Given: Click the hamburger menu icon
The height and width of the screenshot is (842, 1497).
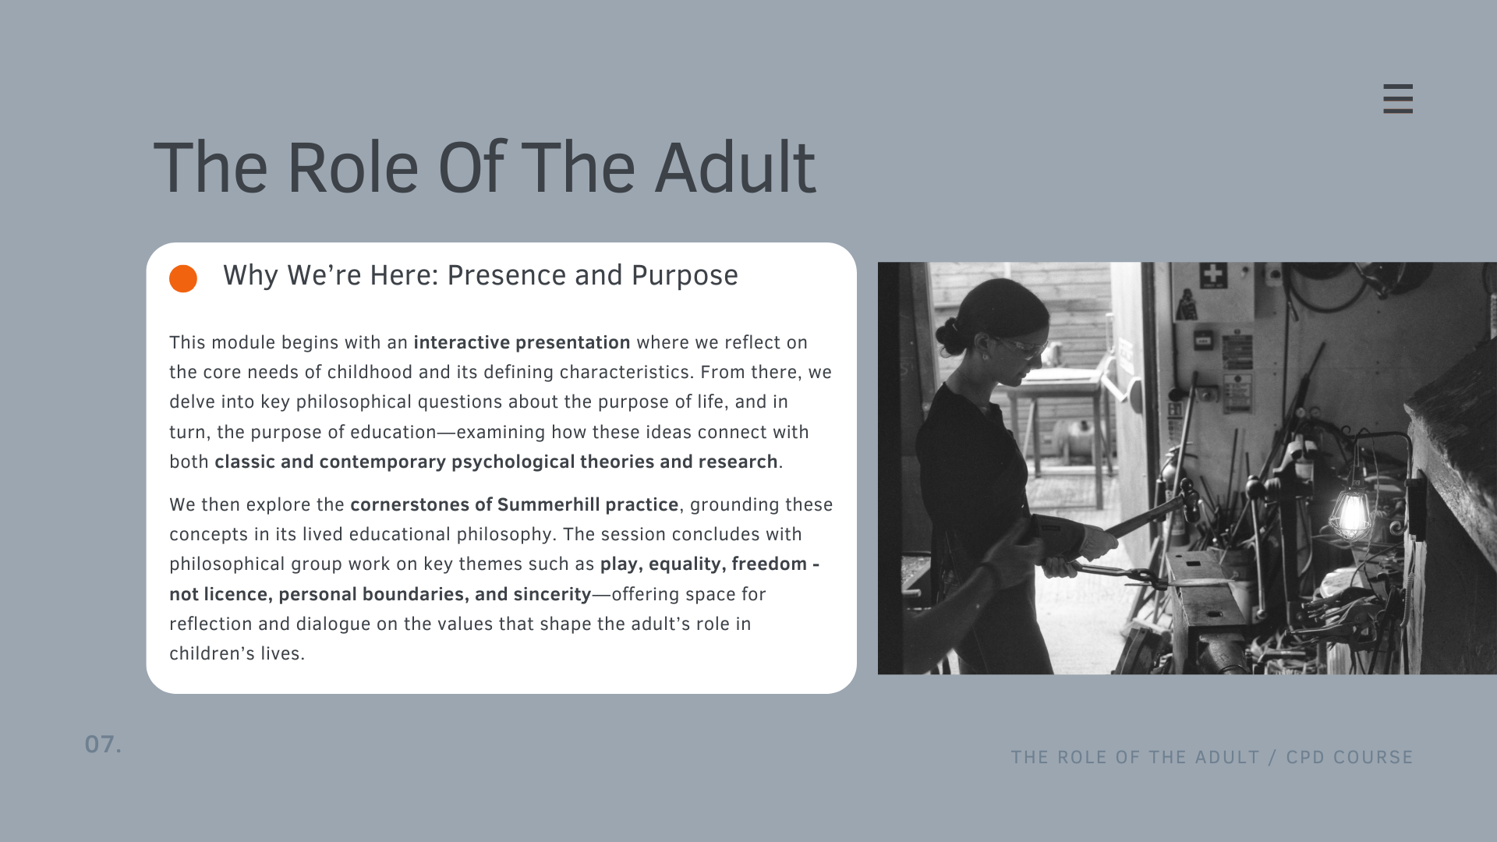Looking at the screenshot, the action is (x=1398, y=99).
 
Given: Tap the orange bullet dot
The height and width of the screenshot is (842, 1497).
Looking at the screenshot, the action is (x=183, y=278).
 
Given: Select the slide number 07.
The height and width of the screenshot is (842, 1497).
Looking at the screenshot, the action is (x=103, y=745).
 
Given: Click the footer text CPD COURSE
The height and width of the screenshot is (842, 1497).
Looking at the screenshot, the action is (x=1350, y=757).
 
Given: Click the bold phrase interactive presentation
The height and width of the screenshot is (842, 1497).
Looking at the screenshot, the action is (x=522, y=343).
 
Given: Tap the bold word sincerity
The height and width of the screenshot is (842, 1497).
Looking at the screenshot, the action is (x=552, y=594).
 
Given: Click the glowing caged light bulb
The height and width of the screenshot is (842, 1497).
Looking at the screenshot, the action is (x=1352, y=515).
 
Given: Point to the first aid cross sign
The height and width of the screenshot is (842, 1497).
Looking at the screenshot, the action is (x=1212, y=274).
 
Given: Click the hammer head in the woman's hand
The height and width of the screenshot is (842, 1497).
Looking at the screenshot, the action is (x=1187, y=504).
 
